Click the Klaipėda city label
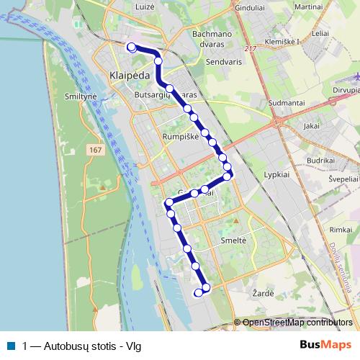pyautogui.click(x=130, y=74)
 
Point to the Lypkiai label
pyautogui.click(x=276, y=175)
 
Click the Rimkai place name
pyautogui.click(x=338, y=228)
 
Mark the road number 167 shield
pyautogui.click(x=97, y=149)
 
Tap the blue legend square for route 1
pyautogui.click(x=12, y=346)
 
